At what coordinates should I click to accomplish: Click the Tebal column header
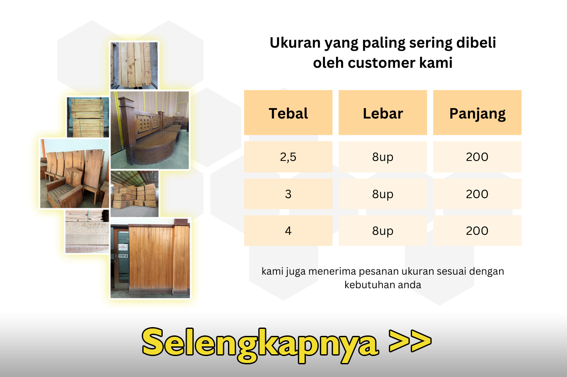[288, 112]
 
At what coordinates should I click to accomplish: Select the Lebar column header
[383, 112]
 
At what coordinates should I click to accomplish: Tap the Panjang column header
[477, 112]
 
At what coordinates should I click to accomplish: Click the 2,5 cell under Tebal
[288, 157]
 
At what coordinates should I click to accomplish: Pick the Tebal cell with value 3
[288, 194]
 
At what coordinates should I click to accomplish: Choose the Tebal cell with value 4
[288, 230]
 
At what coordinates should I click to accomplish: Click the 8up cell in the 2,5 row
[383, 157]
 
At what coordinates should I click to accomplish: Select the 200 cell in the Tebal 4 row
[477, 230]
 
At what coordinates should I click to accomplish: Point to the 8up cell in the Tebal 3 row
[383, 194]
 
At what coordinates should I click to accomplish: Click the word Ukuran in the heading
[295, 42]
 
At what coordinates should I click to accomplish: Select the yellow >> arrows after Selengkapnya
[410, 341]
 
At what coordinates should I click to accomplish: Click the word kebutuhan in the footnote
[369, 285]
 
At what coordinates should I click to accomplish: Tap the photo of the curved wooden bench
[150, 130]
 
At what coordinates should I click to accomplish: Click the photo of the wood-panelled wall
[150, 258]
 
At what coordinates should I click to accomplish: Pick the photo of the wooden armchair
[74, 173]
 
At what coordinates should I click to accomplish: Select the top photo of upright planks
[134, 66]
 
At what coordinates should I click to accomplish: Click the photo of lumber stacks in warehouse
[134, 194]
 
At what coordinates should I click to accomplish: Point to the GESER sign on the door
[123, 256]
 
